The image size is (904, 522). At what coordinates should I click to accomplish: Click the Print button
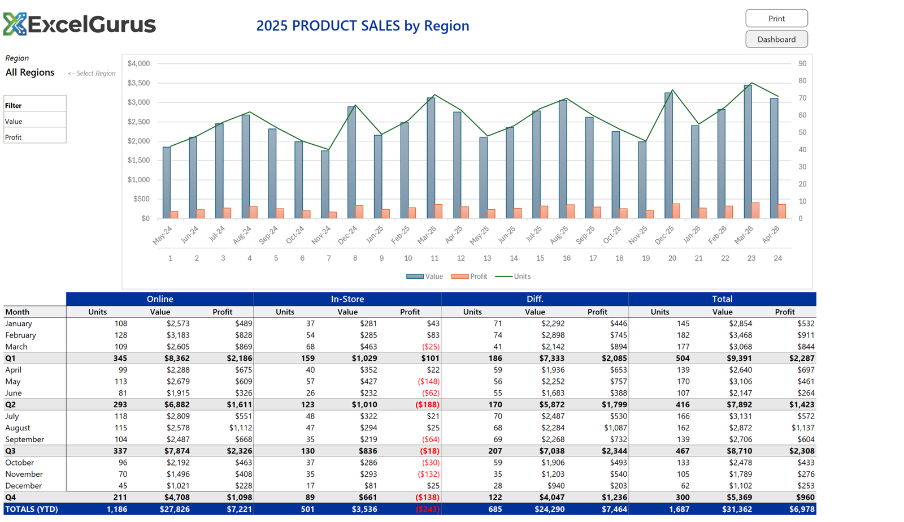pos(776,19)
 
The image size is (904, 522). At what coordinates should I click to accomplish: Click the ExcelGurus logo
pos(79,24)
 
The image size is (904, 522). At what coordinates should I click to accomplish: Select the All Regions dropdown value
pos(30,72)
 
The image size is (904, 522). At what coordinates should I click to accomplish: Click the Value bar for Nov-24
pos(325,184)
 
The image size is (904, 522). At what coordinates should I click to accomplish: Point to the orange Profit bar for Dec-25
pos(676,212)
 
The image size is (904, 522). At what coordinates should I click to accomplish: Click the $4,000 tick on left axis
pos(138,63)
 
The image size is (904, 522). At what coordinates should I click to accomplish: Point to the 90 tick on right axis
pos(802,63)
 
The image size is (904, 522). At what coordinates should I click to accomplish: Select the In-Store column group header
pos(347,299)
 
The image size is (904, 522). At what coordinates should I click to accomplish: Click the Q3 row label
pos(11,451)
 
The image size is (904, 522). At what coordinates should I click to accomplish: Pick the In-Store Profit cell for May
pos(428,382)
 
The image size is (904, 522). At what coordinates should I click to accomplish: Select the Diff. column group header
pos(534,299)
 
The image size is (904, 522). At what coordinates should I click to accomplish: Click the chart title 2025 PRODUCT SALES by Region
pos(362,25)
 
